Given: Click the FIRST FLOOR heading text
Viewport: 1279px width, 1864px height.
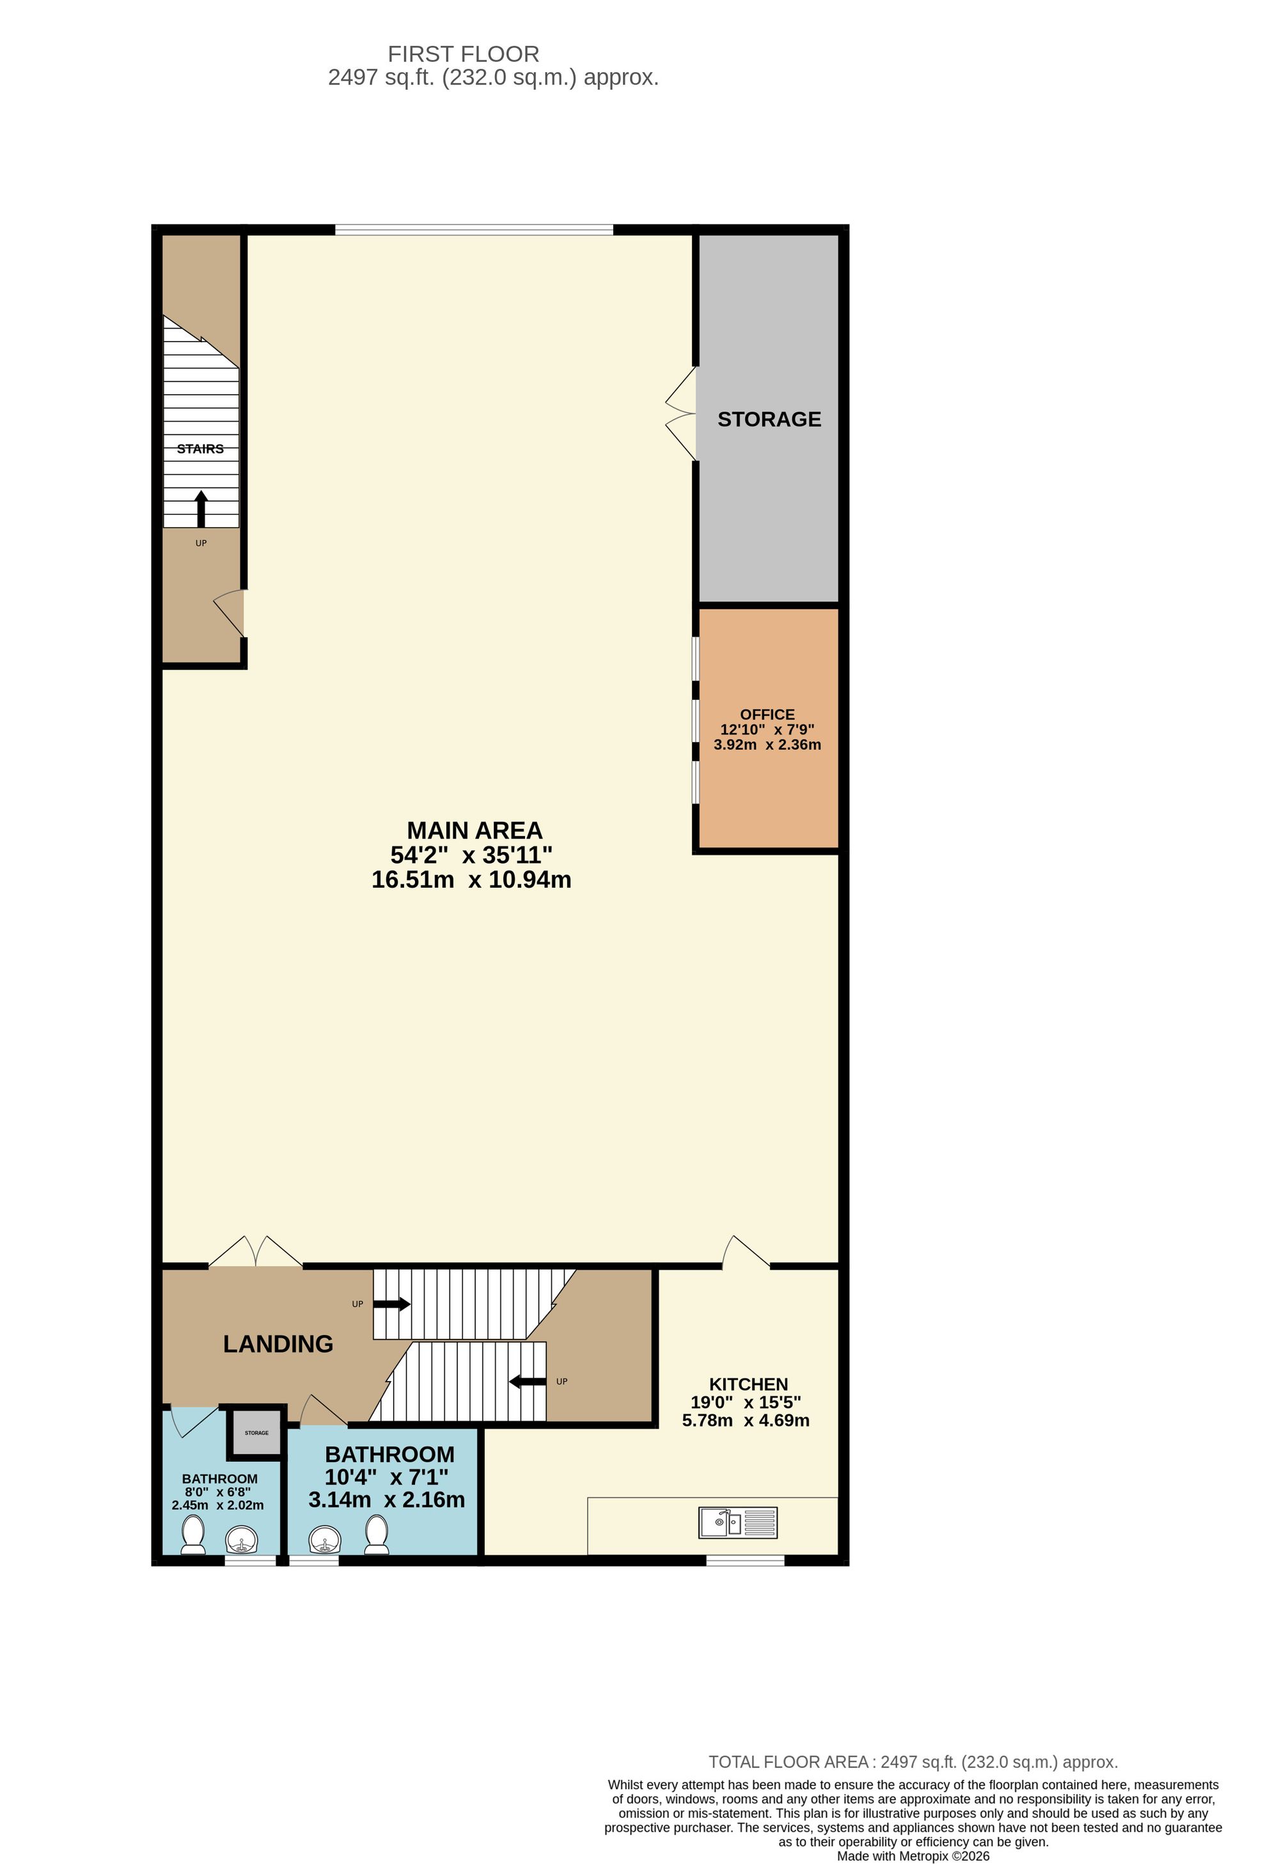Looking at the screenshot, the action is coord(464,54).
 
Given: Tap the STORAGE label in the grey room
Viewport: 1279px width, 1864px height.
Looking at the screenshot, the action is coord(769,420).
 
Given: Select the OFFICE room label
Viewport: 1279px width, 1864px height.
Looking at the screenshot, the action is coord(767,714).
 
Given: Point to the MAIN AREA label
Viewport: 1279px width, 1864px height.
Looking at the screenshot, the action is coord(475,830).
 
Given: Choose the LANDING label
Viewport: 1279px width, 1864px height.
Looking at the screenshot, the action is coord(278,1343).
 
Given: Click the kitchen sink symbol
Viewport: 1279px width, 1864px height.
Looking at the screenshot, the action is coord(738,1522).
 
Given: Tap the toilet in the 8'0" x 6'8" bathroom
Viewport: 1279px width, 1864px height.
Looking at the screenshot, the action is coord(192,1533).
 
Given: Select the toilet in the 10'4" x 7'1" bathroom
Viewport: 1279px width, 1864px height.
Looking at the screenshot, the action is coord(377,1533).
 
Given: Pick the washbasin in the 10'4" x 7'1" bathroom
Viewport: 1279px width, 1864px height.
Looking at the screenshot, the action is coord(326,1539).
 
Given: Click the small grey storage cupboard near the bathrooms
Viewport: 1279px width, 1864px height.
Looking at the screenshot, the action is coord(256,1432).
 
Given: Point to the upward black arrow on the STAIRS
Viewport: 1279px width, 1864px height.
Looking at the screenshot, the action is coord(201,509).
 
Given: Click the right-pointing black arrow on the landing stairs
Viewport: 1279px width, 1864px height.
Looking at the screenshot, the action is coord(392,1304).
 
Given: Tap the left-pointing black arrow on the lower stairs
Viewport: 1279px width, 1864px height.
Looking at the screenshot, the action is coord(528,1381).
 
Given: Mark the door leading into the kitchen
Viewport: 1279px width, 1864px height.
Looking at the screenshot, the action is coord(746,1253).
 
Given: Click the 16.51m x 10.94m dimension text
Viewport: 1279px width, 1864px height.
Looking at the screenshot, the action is coord(471,880).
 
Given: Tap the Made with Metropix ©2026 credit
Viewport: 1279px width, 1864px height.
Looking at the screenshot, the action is coord(913,1855).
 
